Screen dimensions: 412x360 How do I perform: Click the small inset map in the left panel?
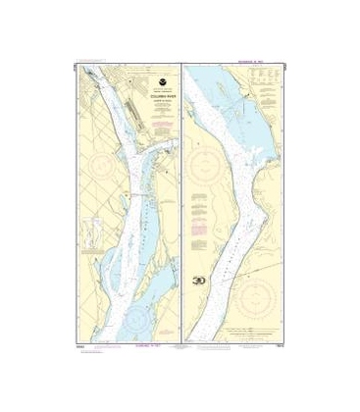coord(95,236)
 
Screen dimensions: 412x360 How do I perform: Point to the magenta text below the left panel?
coord(131,344)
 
